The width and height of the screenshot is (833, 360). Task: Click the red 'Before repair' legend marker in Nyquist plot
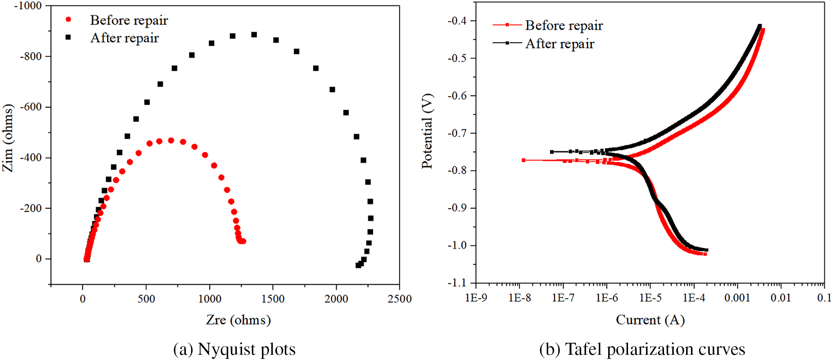[x=68, y=19]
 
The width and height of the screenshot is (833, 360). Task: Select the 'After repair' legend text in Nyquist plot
[x=124, y=38]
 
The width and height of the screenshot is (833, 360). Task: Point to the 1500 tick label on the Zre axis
[x=273, y=299]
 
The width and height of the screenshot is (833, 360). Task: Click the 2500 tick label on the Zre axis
[x=399, y=299]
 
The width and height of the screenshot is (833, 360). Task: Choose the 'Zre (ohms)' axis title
[x=238, y=320]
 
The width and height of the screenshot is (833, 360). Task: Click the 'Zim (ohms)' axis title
[x=8, y=138]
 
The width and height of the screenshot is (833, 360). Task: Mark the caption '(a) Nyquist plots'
[x=234, y=349]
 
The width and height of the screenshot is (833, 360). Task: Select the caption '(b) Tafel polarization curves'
[x=642, y=349]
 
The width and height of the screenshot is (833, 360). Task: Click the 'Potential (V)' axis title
[x=427, y=131]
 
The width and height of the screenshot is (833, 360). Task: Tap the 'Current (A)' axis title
[x=650, y=320]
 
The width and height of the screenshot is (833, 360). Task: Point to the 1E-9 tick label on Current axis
[x=476, y=298]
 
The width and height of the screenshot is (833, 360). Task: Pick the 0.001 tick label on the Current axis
[x=737, y=298]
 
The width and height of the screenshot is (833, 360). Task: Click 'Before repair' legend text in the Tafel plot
[x=564, y=25]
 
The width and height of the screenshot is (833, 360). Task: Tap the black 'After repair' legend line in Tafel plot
[x=507, y=43]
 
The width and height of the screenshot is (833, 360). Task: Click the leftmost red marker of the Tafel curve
[x=523, y=160]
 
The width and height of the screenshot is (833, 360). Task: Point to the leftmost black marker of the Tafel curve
[x=552, y=152]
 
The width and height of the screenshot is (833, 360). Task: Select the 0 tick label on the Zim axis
[x=39, y=259]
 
